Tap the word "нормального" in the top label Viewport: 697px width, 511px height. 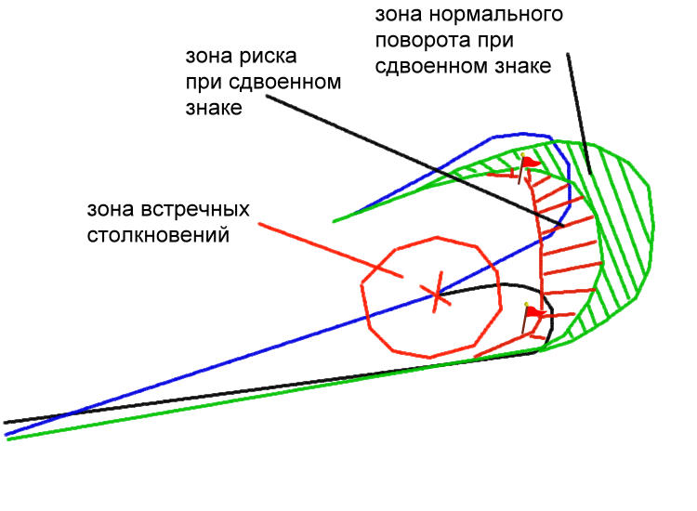coord(495,15)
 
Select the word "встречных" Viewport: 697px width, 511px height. coord(195,209)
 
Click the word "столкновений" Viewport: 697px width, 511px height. coord(158,235)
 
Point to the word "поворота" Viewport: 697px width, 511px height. coord(423,41)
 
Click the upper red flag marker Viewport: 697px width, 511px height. coord(527,167)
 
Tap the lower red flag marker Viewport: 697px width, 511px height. coord(533,317)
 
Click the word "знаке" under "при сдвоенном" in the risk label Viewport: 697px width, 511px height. coord(214,109)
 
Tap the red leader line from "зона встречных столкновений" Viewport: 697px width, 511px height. coord(331,250)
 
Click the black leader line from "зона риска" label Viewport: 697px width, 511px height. coord(414,161)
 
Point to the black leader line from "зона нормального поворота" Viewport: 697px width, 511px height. coord(579,113)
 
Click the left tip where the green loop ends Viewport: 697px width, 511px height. coord(334,221)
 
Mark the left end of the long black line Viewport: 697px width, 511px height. coord(5,423)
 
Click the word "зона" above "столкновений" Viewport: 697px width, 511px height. coord(111,209)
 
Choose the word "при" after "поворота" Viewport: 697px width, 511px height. coord(495,41)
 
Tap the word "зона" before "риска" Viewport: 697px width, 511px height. coord(209,57)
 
